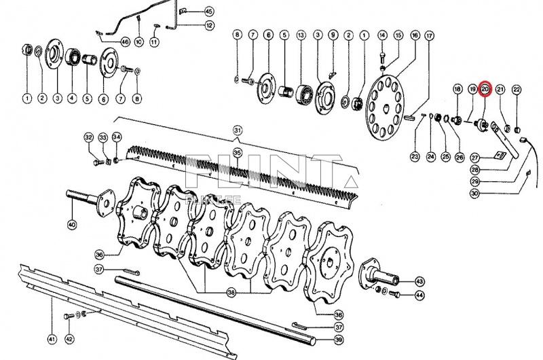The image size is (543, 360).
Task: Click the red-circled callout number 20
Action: [x=485, y=88]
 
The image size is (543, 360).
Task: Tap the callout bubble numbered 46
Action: [x=125, y=41]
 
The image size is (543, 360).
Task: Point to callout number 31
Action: [x=238, y=130]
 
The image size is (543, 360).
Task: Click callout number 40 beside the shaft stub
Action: [x=72, y=223]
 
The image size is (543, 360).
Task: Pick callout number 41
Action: [x=51, y=338]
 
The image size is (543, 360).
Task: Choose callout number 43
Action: [x=419, y=281]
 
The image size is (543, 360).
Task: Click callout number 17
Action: [x=429, y=35]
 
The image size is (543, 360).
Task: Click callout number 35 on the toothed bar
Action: [x=238, y=152]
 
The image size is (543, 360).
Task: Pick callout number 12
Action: [x=209, y=26]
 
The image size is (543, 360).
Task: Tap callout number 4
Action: [x=72, y=98]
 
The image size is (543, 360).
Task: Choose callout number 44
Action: [x=419, y=295]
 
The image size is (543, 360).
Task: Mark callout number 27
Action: [x=474, y=158]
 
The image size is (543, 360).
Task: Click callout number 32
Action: [x=89, y=137]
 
